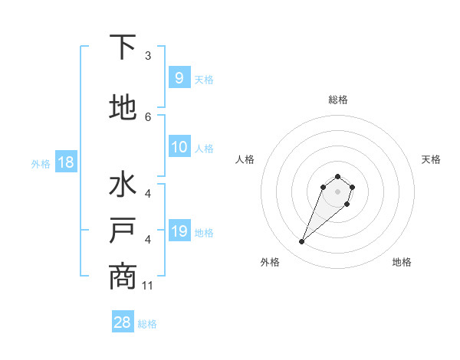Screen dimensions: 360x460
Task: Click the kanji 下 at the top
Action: click(123, 48)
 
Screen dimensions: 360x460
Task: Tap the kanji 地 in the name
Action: click(123, 107)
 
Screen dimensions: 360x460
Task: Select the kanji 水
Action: click(123, 186)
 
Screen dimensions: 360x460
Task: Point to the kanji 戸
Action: click(123, 232)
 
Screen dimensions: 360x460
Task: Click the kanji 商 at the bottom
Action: click(123, 277)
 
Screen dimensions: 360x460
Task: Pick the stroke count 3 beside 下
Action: click(148, 56)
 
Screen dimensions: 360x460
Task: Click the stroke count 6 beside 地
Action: click(148, 116)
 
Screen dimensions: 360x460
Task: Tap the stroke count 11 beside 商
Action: click(149, 286)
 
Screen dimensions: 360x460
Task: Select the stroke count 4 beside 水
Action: click(148, 194)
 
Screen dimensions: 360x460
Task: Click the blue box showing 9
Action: click(179, 77)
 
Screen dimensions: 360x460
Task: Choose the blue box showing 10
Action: click(179, 147)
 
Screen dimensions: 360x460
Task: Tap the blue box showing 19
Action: click(179, 231)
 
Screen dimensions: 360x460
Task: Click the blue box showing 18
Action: click(66, 162)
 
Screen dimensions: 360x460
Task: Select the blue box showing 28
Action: click(123, 322)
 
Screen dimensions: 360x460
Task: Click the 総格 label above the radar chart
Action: click(338, 100)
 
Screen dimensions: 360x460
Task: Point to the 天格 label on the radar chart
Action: click(431, 159)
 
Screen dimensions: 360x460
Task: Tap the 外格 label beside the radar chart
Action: click(270, 262)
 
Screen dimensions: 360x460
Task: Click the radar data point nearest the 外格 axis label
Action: click(302, 242)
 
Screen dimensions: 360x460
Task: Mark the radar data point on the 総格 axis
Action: click(337, 177)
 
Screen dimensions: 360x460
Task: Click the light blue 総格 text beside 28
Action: click(147, 324)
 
